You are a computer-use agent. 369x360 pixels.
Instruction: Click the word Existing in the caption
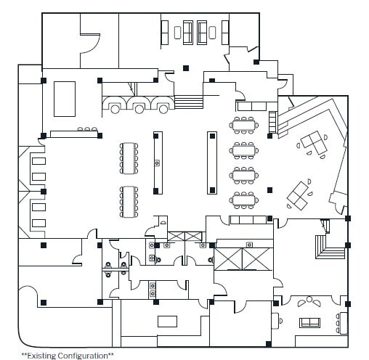click(44, 355)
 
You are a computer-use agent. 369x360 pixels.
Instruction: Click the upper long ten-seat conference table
click(129, 157)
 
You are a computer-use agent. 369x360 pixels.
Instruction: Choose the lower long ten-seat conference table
click(129, 202)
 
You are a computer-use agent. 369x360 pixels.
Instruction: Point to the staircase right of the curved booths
click(188, 104)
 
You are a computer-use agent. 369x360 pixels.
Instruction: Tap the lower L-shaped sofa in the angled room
click(298, 193)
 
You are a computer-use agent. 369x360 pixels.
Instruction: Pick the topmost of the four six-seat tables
click(243, 124)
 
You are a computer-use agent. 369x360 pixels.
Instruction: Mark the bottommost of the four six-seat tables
click(243, 199)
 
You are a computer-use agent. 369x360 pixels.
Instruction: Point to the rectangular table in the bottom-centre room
click(168, 322)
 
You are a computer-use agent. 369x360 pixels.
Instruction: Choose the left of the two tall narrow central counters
click(156, 161)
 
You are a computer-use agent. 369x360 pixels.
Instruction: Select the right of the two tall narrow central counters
click(212, 161)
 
